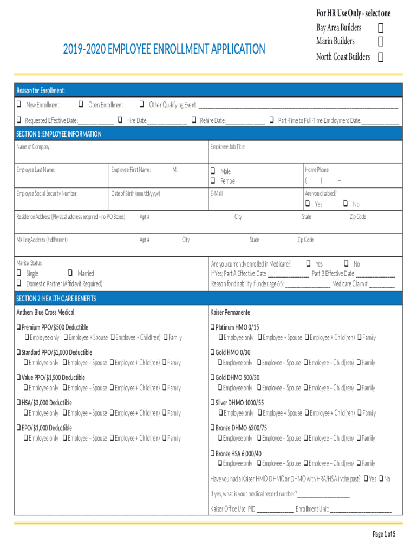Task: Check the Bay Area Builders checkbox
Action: [381, 28]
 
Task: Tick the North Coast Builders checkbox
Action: [381, 57]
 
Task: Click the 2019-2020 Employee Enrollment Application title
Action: [164, 50]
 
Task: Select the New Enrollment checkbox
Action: [19, 105]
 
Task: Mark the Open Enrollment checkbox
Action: [81, 105]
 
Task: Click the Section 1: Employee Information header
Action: [59, 134]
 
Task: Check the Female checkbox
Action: [213, 180]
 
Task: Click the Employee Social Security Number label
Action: [47, 193]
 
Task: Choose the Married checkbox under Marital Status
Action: [70, 274]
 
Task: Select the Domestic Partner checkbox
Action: [19, 283]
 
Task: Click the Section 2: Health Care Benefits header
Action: [56, 299]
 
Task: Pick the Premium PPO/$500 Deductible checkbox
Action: [18, 327]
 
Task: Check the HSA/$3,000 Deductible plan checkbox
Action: [18, 403]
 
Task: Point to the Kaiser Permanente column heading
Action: [230, 313]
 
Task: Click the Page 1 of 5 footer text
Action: [384, 534]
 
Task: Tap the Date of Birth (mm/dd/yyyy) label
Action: [135, 193]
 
